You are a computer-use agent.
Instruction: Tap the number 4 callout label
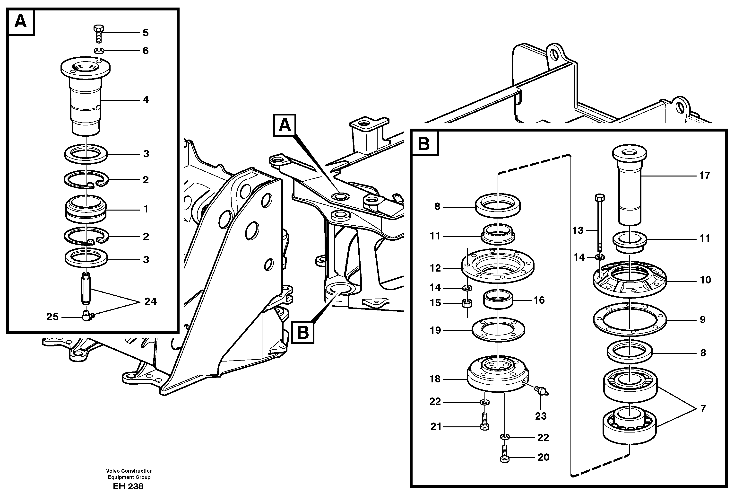146,100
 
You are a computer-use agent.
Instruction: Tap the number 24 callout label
150,302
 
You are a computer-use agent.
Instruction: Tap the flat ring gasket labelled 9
630,320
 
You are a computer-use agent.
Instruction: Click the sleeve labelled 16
498,300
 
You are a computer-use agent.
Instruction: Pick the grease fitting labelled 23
541,391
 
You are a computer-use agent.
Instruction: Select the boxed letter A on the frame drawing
285,125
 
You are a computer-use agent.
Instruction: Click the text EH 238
128,486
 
